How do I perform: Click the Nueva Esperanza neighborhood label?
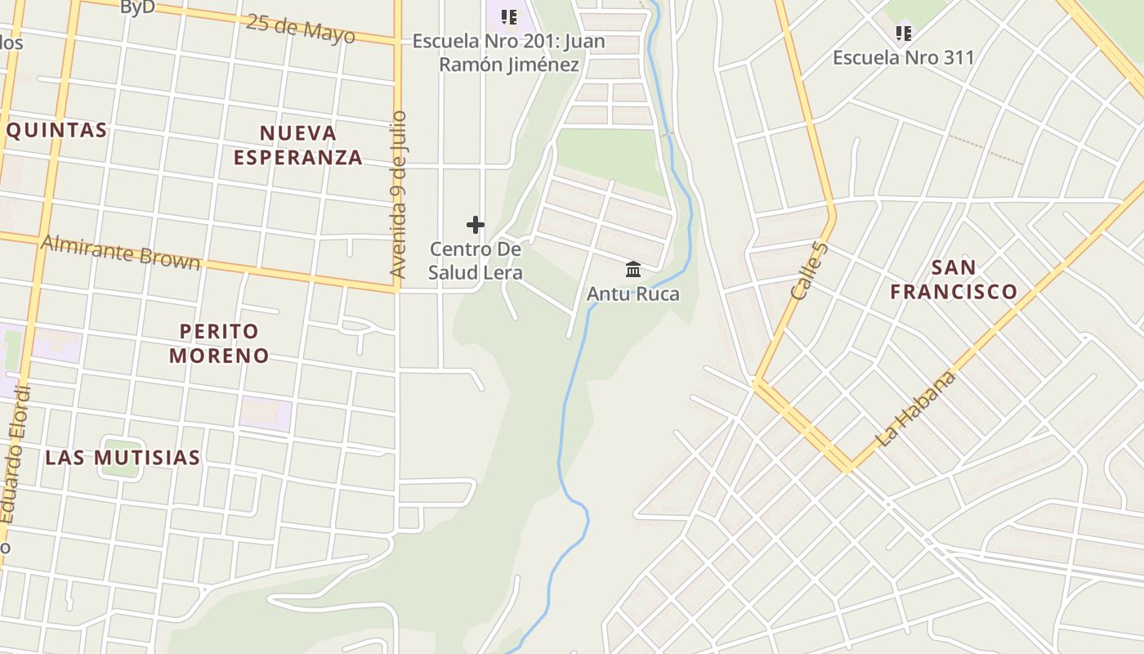pos(297,145)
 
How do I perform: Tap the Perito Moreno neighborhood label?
pos(219,343)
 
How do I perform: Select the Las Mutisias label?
pos(123,457)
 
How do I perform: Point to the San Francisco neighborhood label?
pos(954,279)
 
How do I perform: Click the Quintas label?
pos(56,130)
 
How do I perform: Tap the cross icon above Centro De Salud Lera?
pos(476,225)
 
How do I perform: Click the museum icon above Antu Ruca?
pos(633,269)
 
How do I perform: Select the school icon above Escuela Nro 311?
pos(903,34)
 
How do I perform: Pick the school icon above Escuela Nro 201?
pos(509,16)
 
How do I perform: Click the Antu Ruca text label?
pos(633,293)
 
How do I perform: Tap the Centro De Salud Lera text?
pos(476,261)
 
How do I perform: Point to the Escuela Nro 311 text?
pos(903,57)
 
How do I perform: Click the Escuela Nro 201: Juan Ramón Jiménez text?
pos(509,53)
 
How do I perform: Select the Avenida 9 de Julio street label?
pos(398,206)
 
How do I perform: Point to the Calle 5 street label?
pos(810,270)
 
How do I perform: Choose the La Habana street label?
pos(915,409)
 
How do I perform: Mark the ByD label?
pos(137,7)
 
